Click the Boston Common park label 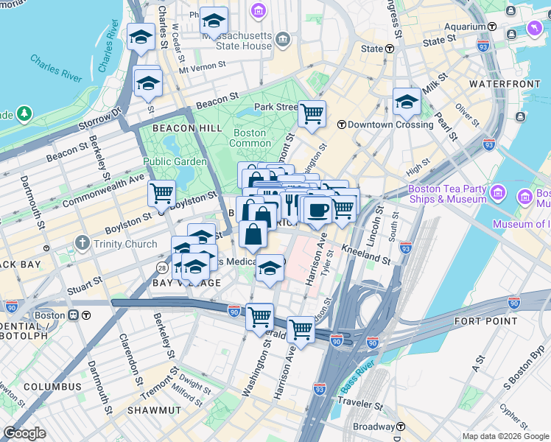(250, 138)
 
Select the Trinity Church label (125, 244)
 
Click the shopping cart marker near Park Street (312, 113)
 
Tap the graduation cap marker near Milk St (406, 102)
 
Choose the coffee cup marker (318, 211)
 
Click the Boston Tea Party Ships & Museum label (447, 194)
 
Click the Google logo (24, 433)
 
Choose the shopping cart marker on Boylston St (161, 194)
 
